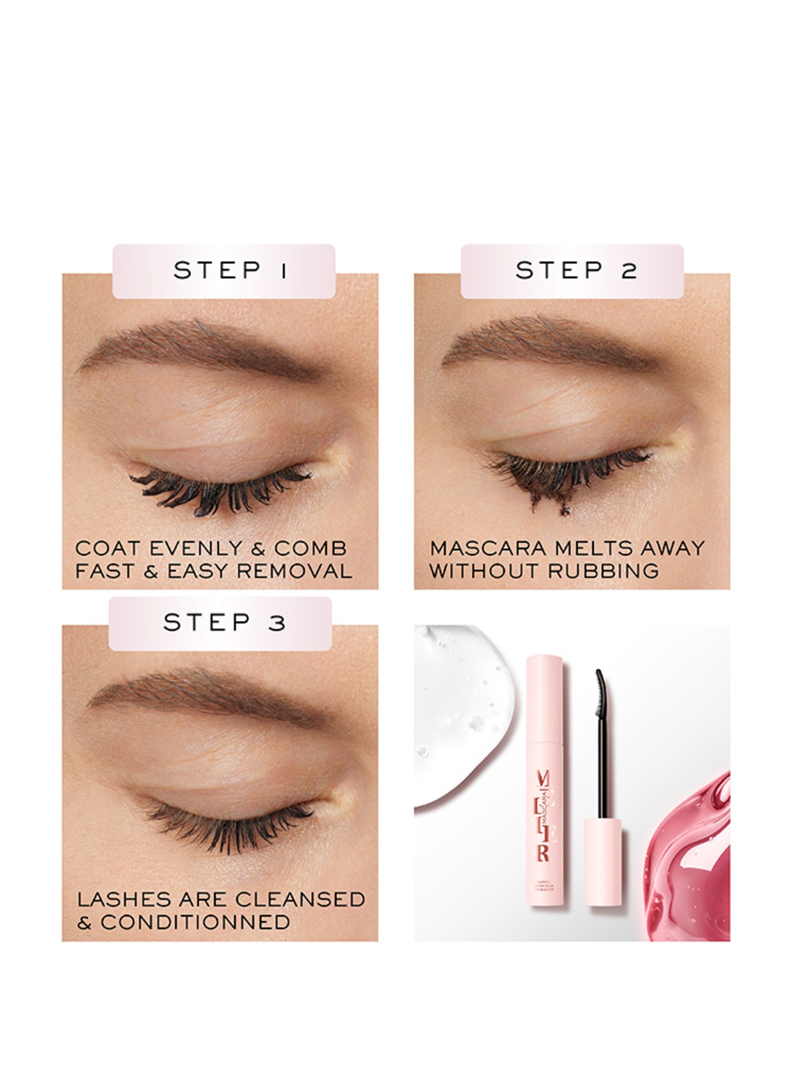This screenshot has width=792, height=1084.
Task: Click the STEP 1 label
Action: tap(224, 271)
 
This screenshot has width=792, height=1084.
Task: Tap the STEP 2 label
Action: tap(572, 271)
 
